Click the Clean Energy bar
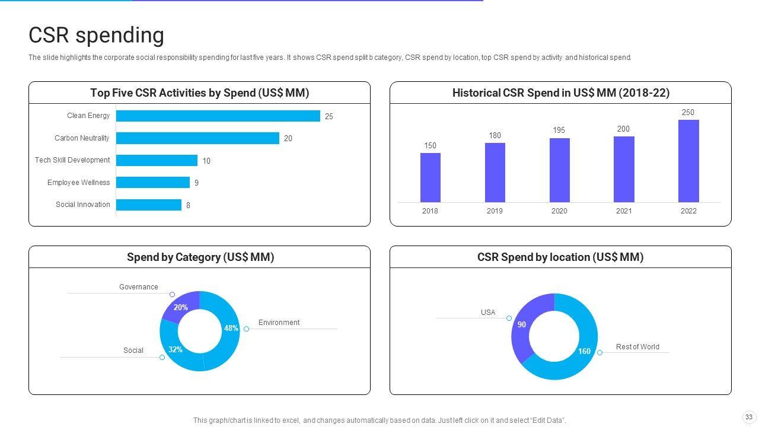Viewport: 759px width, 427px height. (218, 116)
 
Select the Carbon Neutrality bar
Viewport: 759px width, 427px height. (197, 138)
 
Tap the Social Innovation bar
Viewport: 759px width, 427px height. (148, 205)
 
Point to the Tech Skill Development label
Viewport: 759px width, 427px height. (72, 160)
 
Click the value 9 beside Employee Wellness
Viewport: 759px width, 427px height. (196, 183)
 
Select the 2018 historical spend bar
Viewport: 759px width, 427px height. (430, 177)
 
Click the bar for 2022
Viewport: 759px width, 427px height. (688, 161)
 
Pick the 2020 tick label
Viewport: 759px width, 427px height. (559, 211)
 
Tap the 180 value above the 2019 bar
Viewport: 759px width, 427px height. (495, 136)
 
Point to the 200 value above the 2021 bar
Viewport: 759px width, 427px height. (623, 129)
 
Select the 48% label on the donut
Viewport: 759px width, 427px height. (231, 328)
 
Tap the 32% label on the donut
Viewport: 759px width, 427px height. (175, 349)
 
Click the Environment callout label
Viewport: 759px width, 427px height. (279, 323)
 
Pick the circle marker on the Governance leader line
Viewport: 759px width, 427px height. (172, 295)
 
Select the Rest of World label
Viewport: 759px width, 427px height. (637, 347)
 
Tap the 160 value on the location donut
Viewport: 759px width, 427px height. (584, 351)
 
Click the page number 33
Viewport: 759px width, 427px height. (749, 417)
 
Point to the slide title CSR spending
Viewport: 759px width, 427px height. (96, 35)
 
